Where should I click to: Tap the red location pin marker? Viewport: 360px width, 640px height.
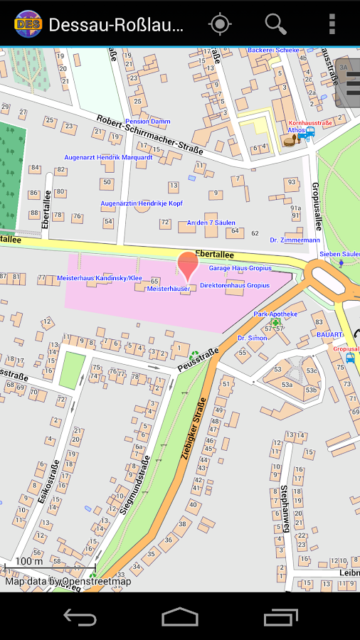pyautogui.click(x=188, y=266)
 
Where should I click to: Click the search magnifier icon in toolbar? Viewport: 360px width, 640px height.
pyautogui.click(x=275, y=24)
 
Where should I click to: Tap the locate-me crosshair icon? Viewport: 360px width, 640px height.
pyautogui.click(x=220, y=24)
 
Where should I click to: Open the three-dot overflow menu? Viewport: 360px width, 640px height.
pyautogui.click(x=332, y=24)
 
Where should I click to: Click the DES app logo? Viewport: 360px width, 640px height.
pyautogui.click(x=27, y=24)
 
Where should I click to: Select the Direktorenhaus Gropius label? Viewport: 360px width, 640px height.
pyautogui.click(x=235, y=285)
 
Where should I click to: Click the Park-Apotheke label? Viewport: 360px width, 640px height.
pyautogui.click(x=275, y=314)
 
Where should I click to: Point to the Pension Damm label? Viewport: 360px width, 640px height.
pyautogui.click(x=148, y=122)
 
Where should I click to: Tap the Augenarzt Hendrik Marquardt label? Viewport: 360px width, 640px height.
pyautogui.click(x=108, y=157)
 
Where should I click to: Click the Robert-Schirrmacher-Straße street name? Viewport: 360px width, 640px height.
pyautogui.click(x=150, y=135)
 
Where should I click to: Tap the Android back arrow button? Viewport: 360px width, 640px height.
pyautogui.click(x=80, y=617)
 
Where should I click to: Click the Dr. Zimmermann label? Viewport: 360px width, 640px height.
pyautogui.click(x=295, y=240)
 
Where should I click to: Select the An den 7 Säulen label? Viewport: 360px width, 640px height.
pyautogui.click(x=211, y=223)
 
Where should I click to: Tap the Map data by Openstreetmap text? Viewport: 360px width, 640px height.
pyautogui.click(x=68, y=582)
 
